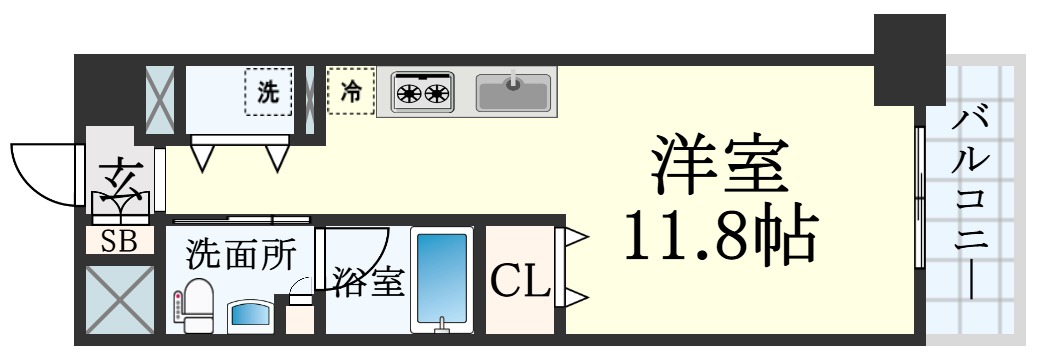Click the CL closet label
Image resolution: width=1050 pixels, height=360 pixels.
pos(519,283)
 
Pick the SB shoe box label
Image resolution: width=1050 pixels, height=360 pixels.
pos(119,241)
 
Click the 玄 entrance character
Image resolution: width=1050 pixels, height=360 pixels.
pos(121,180)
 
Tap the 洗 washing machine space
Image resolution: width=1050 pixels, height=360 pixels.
pos(268,93)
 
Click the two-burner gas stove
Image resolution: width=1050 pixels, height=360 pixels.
pos(423,93)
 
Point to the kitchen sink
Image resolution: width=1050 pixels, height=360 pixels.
pos(513,93)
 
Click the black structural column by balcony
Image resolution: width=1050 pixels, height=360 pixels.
pos(909,60)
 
